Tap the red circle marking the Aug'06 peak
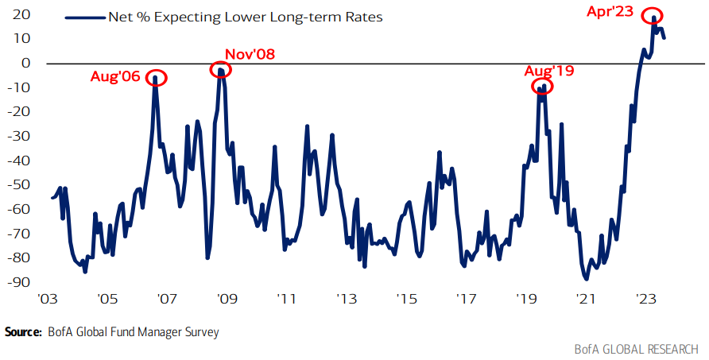click(157, 78)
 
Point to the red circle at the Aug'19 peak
click(541, 87)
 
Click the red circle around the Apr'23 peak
click(654, 17)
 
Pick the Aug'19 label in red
click(549, 70)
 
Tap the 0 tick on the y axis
click(26, 63)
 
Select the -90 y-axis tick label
click(19, 281)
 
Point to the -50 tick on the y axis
click(19, 184)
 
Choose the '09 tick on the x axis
click(227, 300)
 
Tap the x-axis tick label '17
click(467, 300)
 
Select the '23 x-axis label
click(645, 300)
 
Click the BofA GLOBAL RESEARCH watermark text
click(636, 349)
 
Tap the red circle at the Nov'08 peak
click(220, 70)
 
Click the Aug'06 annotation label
click(115, 77)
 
